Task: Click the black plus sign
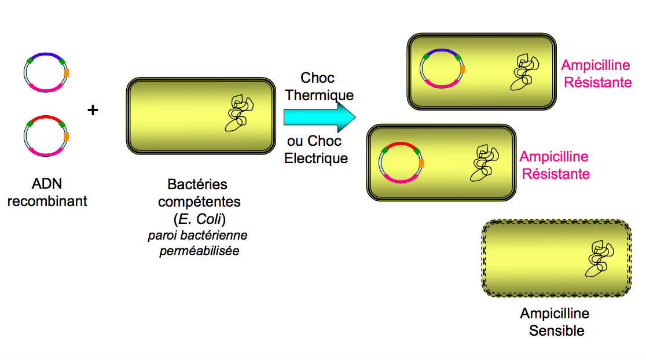point(93,110)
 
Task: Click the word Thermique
point(320,95)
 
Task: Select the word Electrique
point(316,158)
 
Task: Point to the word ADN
point(47,185)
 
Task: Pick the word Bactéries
point(198,185)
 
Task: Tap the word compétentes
point(200,202)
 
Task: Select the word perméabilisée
point(199,252)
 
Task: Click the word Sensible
point(557,331)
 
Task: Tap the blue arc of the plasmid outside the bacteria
point(46,56)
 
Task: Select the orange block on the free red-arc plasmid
point(67,137)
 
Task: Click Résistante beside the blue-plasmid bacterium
point(597,82)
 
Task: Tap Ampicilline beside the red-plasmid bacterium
point(554,157)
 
